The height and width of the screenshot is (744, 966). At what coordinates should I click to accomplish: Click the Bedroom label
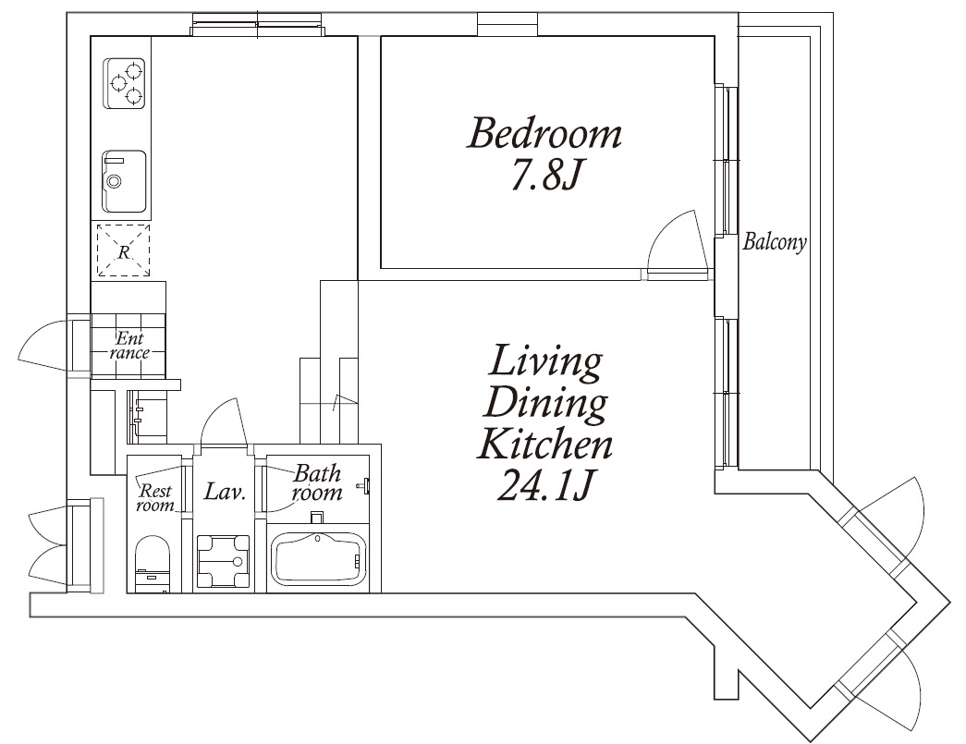[544, 134]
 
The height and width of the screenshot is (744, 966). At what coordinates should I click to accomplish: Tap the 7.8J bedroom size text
[544, 177]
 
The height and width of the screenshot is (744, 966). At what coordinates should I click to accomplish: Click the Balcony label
[775, 242]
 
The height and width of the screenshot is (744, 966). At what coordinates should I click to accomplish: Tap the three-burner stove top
[124, 84]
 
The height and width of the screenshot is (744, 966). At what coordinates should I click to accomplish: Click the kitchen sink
[124, 181]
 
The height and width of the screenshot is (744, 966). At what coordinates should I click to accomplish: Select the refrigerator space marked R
[124, 250]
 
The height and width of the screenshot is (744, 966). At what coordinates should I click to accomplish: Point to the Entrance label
[129, 346]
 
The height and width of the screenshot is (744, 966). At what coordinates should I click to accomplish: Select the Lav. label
[225, 492]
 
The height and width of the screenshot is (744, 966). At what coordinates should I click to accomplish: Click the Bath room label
[317, 482]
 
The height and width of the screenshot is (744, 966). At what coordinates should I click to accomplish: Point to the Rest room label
[155, 497]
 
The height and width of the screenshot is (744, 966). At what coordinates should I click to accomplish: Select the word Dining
[544, 405]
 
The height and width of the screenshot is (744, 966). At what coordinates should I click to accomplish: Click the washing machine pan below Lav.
[223, 560]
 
